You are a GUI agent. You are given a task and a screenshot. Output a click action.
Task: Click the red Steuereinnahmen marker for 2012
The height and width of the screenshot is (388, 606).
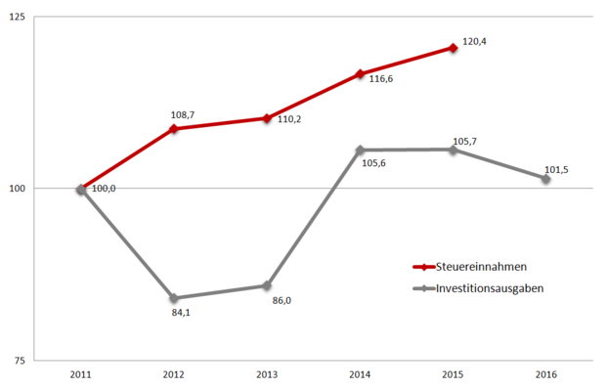(x=174, y=129)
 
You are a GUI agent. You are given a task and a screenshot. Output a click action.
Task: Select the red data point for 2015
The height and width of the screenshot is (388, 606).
(x=453, y=48)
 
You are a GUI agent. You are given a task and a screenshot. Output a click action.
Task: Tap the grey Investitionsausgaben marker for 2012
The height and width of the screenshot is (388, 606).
(x=174, y=298)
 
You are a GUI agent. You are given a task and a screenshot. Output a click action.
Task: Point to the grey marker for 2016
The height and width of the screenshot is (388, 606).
(x=545, y=179)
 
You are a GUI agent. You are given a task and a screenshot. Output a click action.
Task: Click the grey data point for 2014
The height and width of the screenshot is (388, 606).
(x=360, y=151)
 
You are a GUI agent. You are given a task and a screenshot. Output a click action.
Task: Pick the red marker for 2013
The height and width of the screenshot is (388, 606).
(x=267, y=118)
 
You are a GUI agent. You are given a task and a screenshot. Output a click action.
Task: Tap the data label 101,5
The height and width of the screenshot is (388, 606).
(x=556, y=170)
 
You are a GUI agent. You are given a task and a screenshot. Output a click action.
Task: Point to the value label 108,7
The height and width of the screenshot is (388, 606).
(x=183, y=115)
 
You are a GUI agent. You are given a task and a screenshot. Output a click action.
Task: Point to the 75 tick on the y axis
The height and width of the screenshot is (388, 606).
(x=22, y=361)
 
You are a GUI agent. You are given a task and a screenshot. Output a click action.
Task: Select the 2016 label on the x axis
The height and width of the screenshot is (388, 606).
(x=545, y=374)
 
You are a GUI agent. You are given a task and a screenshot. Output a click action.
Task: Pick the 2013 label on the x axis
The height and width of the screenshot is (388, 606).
(x=267, y=374)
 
